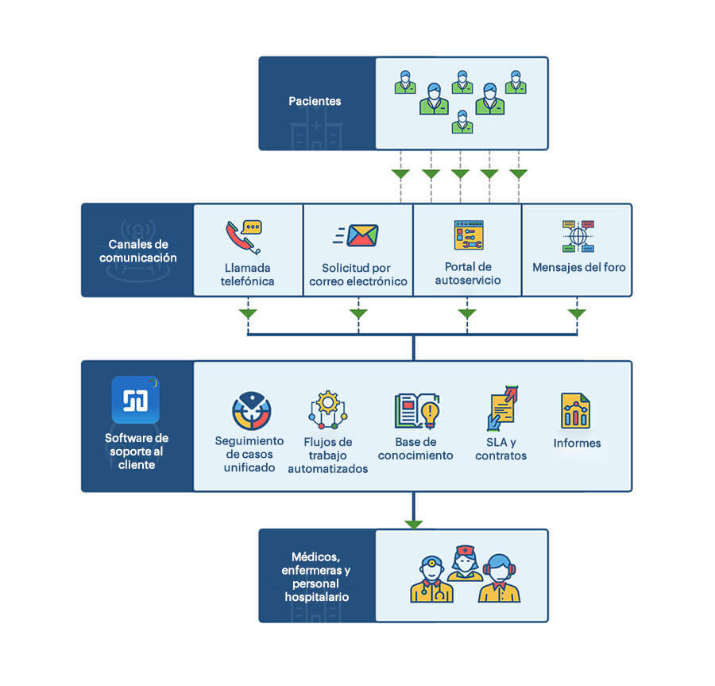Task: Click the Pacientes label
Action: tap(315, 102)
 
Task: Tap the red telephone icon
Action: tap(242, 235)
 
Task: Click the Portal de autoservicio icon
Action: tap(468, 235)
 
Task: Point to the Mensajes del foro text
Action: tap(578, 268)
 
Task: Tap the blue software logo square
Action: tap(136, 401)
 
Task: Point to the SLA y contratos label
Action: tap(500, 449)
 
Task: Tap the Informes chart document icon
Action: tap(575, 411)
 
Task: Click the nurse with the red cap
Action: tap(463, 562)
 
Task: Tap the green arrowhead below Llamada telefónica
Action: tap(249, 314)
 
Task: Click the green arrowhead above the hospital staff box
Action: tap(413, 524)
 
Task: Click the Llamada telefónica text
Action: tap(248, 275)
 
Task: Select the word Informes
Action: tap(577, 444)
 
